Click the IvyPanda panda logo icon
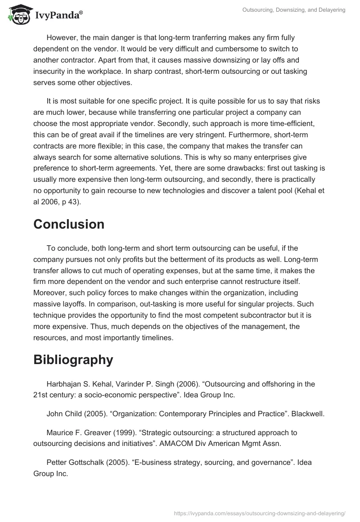point(17,15)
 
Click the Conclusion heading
point(69,224)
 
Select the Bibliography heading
point(73,360)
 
